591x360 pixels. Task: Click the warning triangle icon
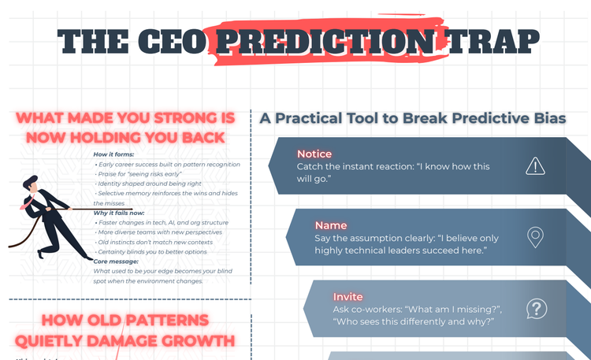coord(536,165)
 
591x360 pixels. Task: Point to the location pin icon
coord(536,236)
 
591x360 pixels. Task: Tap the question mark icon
coord(536,308)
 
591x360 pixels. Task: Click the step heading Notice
coord(314,154)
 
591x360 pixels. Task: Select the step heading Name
coord(331,225)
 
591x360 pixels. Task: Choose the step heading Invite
coord(348,297)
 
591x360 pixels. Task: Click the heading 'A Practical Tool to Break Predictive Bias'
coord(413,118)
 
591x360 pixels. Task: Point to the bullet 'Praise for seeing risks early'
coord(154,173)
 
